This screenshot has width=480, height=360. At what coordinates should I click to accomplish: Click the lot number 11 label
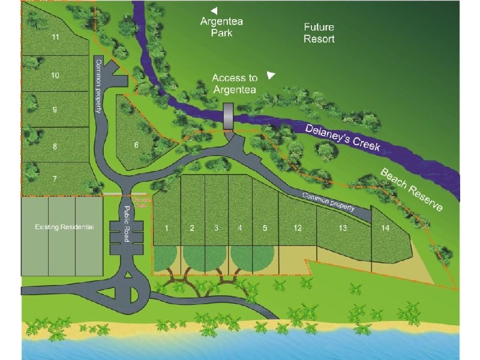pos(55,37)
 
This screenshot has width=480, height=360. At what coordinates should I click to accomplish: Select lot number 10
pos(55,76)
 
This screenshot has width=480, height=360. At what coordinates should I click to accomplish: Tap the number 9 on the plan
pos(55,110)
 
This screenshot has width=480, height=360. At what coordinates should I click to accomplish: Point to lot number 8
pos(55,146)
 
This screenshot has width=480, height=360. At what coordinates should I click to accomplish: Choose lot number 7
pos(55,179)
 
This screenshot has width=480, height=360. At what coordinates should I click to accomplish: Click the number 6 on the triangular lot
pos(137,145)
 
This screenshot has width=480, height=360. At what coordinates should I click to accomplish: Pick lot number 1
pos(167,227)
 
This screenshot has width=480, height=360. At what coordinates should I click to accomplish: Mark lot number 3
pos(215,227)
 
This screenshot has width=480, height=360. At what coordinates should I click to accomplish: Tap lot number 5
pos(264,227)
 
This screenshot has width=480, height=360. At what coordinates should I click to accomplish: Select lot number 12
pos(297,227)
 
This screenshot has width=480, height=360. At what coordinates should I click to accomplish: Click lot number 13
pos(343,227)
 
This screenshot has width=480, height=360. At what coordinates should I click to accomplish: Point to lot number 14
pos(386,227)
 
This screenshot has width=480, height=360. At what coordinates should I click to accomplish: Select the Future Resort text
pos(319,33)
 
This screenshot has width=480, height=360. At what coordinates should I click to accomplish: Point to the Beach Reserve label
pos(412,190)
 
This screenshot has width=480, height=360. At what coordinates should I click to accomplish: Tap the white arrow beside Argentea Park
pos(214,10)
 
